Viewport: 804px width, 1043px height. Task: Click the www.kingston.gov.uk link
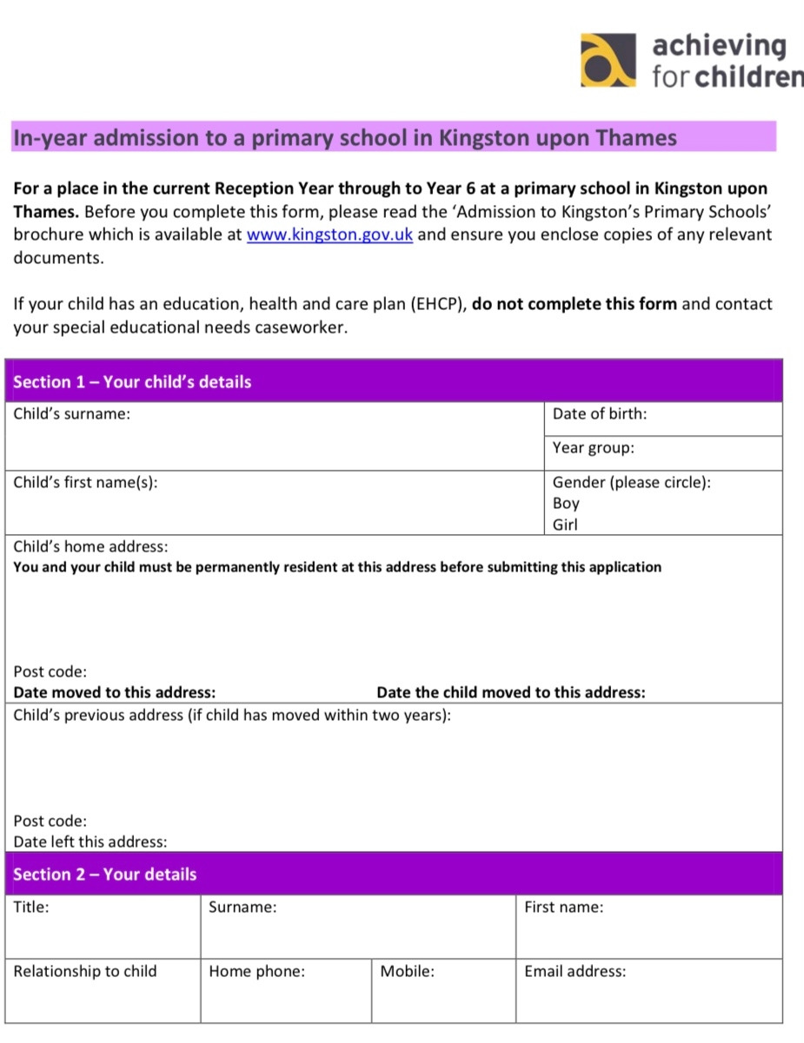329,235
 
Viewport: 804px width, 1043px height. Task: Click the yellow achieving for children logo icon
607,60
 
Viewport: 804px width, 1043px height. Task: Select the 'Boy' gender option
566,504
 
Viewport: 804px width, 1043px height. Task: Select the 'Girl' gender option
565,525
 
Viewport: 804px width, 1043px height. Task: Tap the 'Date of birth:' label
600,414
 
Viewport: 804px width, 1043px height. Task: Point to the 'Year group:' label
594,448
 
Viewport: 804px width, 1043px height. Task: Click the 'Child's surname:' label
72,414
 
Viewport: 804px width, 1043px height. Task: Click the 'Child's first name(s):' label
85,482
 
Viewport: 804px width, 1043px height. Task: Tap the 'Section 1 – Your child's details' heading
132,382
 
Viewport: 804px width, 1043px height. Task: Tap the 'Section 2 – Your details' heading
105,875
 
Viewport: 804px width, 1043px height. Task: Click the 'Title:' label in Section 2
31,908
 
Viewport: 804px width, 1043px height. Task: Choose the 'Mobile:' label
407,972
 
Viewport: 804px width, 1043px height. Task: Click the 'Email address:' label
575,972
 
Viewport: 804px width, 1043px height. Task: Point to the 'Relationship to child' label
85,972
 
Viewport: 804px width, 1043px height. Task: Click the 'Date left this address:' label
90,842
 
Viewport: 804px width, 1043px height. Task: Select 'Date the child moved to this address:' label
511,693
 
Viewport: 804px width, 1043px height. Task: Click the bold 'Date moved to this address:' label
115,693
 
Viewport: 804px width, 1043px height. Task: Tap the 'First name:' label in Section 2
563,908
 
